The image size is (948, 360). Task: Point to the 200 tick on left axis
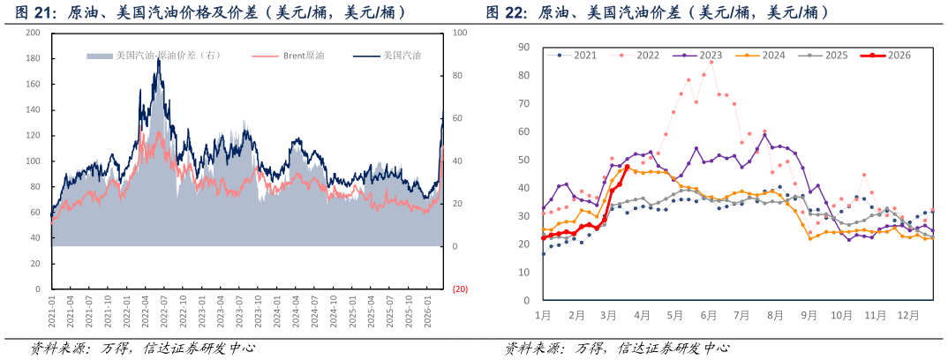pyautogui.click(x=34, y=33)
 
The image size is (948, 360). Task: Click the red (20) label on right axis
pyautogui.click(x=460, y=289)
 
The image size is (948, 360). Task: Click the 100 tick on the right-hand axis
pyautogui.click(x=459, y=33)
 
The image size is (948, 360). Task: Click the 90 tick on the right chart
pyautogui.click(x=523, y=47)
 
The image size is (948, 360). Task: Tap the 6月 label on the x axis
pyautogui.click(x=707, y=315)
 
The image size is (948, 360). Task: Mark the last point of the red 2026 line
pyautogui.click(x=627, y=167)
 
